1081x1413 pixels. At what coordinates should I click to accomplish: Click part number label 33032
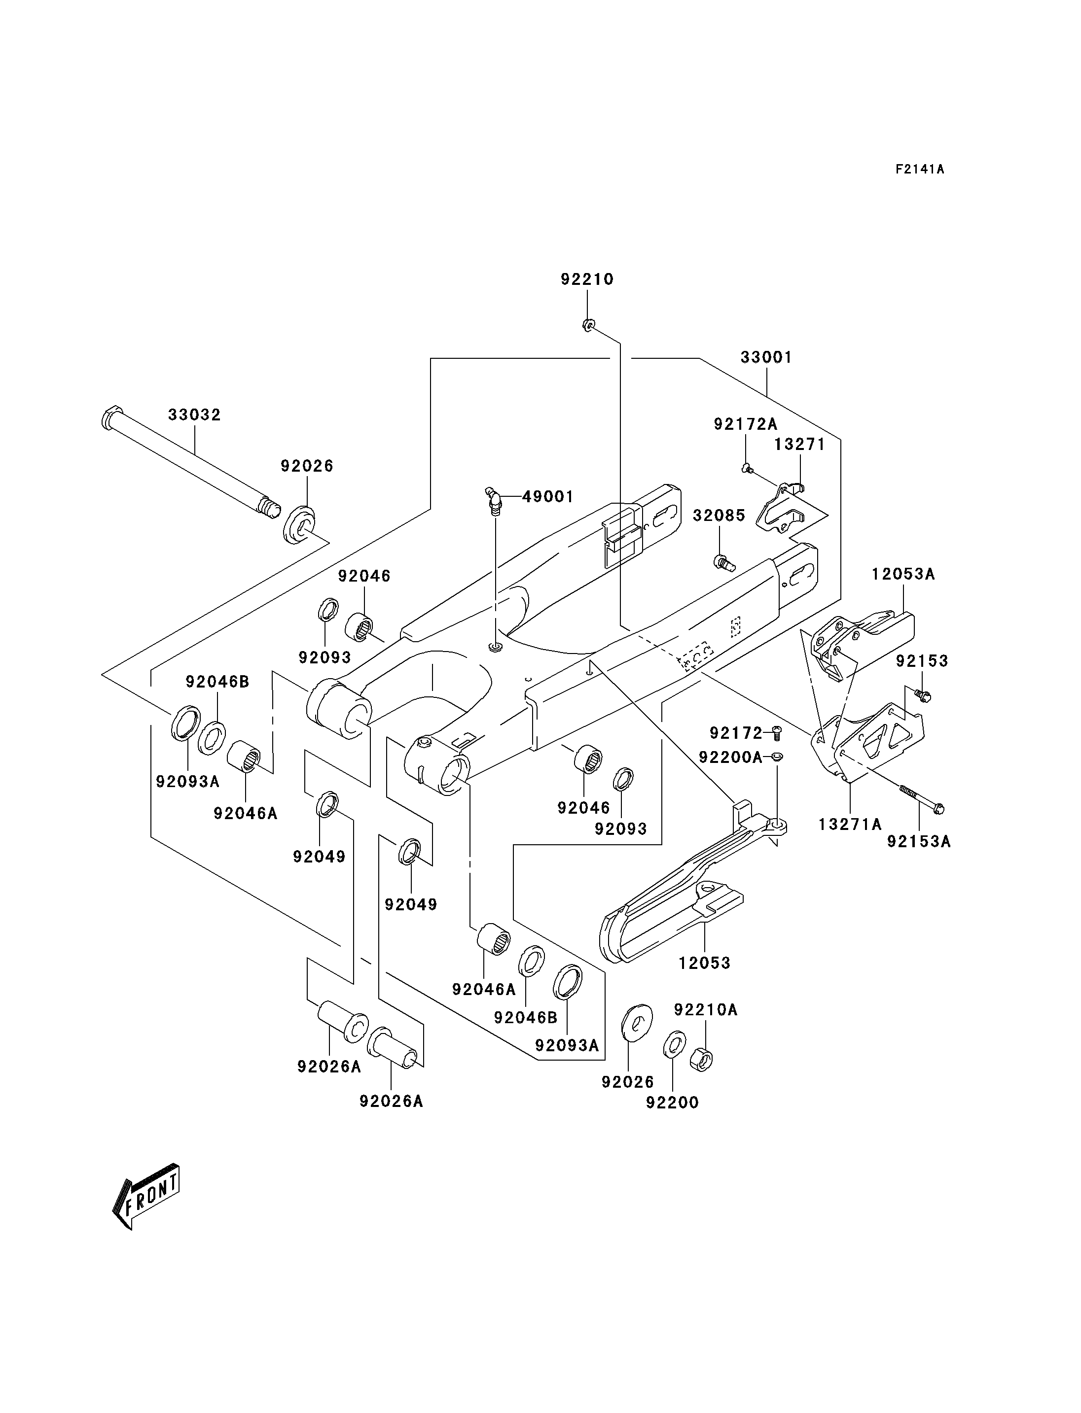[x=194, y=415]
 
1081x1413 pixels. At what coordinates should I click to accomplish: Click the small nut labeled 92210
[x=587, y=325]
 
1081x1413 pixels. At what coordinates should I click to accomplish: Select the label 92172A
[x=745, y=424]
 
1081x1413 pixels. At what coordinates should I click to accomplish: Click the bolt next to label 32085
[x=724, y=563]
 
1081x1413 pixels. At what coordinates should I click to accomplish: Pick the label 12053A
[x=903, y=574]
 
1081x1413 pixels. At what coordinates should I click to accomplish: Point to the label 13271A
[x=850, y=824]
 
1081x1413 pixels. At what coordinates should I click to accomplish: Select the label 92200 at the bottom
[x=672, y=1103]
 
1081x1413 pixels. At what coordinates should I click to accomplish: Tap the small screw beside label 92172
[x=776, y=732]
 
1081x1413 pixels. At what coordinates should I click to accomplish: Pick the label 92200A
[x=730, y=758]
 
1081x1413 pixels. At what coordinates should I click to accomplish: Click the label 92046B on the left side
[x=217, y=681]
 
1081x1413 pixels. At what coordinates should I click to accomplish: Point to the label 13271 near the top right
[x=799, y=445]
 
